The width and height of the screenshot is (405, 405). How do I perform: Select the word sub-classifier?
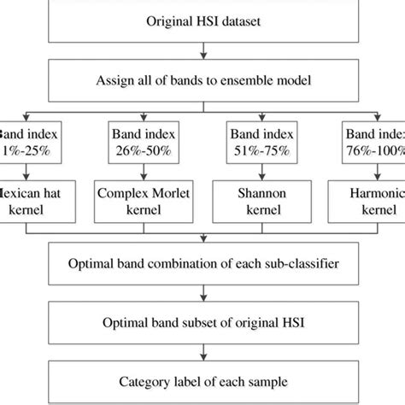coord(302,262)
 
